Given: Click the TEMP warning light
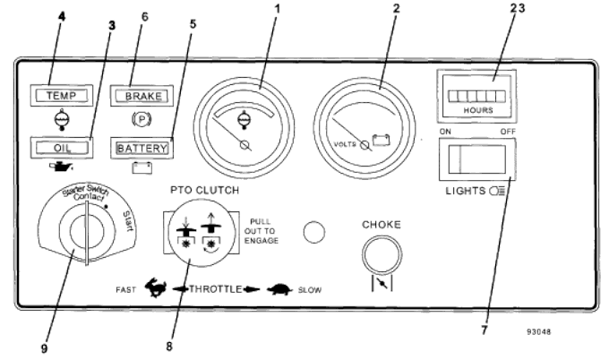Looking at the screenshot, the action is pos(62,95).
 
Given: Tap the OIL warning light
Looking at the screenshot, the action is pos(62,148).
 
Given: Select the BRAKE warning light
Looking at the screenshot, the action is pos(142,96).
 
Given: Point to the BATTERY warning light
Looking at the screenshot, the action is pos(142,148).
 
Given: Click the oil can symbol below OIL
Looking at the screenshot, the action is pos(61,167).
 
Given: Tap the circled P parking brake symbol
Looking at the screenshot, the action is pos(142,119).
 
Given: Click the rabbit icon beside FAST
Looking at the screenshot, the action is pos(156,287).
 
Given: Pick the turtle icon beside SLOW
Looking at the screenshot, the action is pos(279,289).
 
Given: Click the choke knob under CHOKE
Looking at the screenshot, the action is pos(382,254).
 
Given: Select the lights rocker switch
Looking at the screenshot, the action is pos(477,159).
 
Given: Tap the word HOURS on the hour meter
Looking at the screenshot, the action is pos(478,110).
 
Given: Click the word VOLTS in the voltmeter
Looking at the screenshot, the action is pos(345,144).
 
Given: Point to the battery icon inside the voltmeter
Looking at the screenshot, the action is pos(381,140).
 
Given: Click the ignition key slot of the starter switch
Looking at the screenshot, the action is pos(87,234).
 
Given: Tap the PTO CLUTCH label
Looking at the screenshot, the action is pos(205,190).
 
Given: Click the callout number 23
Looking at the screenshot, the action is pos(518,8).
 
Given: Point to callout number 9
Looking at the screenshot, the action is pos(44,348).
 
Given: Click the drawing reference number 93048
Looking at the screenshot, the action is pos(539,331).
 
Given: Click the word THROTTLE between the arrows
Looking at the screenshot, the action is pos(216,289).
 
